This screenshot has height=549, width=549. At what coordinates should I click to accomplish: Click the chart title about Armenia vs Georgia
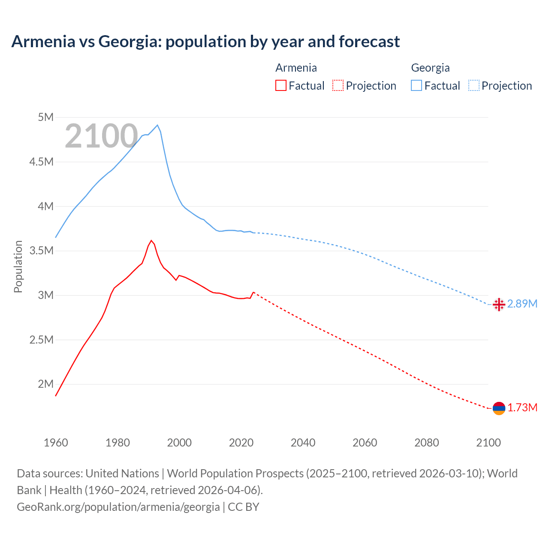click(x=205, y=42)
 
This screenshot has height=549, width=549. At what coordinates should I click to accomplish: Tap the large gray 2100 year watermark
click(x=101, y=136)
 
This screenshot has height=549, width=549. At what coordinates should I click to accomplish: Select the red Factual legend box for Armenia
click(x=281, y=85)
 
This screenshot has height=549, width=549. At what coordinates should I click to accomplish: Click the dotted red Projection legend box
click(x=338, y=85)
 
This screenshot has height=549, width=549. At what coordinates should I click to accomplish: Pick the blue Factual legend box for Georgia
click(x=416, y=85)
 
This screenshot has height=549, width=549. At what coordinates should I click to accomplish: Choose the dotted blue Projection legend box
click(x=474, y=85)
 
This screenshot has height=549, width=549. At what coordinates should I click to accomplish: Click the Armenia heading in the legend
click(x=296, y=68)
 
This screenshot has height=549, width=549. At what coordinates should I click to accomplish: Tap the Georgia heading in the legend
click(x=430, y=68)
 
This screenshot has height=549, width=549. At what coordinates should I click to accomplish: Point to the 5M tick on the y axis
click(x=45, y=117)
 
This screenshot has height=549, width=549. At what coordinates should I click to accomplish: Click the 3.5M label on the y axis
click(x=42, y=250)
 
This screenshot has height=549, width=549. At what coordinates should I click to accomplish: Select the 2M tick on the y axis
click(x=45, y=384)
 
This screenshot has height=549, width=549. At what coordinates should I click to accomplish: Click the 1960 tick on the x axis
click(x=56, y=443)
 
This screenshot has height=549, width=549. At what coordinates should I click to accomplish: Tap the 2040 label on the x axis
click(x=303, y=443)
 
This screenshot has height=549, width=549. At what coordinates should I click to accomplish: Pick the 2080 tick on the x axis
click(x=426, y=443)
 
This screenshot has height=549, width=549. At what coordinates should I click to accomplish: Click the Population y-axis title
click(x=18, y=266)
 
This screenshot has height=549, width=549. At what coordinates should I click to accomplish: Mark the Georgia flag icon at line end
click(x=498, y=304)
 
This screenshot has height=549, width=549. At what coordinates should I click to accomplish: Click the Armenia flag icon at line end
click(x=499, y=408)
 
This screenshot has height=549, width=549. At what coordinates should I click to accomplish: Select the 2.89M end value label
click(x=522, y=304)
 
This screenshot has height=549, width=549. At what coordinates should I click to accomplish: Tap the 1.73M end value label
click(x=522, y=408)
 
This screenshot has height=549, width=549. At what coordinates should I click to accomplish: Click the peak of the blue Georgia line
click(x=157, y=125)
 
